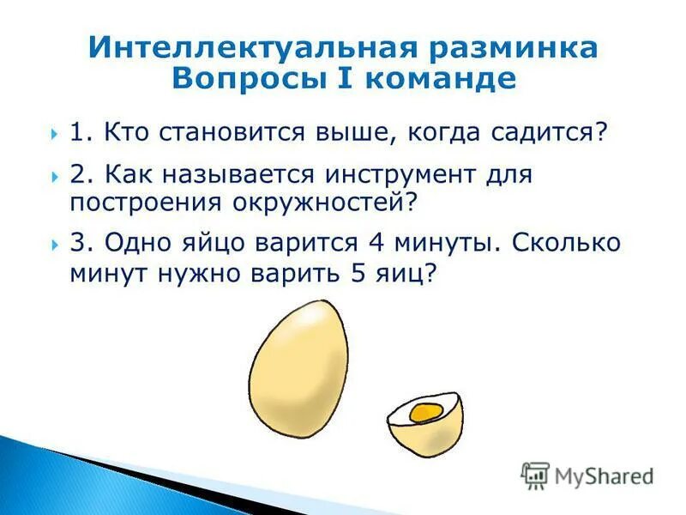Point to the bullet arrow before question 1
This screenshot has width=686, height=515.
53,134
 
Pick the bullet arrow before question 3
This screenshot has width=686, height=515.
53,244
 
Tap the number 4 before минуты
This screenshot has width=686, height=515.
375,243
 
